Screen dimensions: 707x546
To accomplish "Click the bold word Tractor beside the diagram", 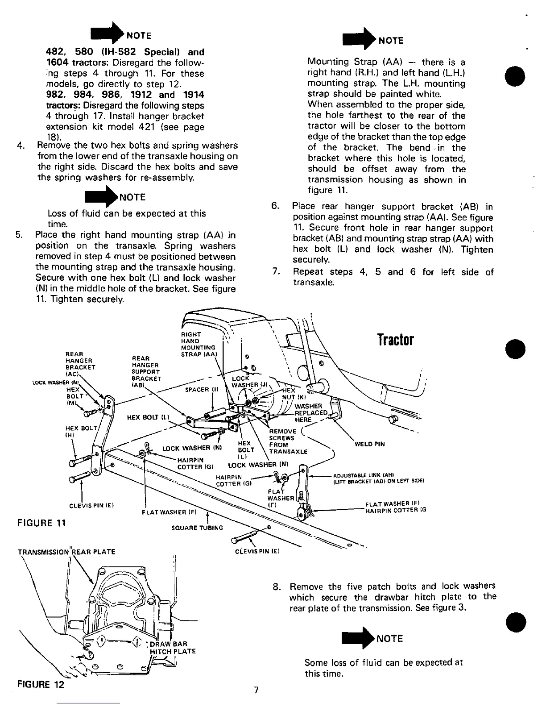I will click(x=396, y=340).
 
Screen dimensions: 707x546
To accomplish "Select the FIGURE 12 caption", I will click(x=41, y=684).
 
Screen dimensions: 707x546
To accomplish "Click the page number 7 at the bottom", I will click(x=256, y=690).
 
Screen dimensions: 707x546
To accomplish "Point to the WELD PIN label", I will click(x=369, y=444).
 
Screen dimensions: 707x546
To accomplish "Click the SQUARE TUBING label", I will click(x=197, y=528).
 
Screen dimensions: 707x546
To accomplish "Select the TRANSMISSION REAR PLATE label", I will click(x=66, y=552).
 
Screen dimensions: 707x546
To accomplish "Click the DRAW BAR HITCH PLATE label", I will click(x=173, y=647).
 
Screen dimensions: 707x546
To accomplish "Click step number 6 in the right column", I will click(x=275, y=206).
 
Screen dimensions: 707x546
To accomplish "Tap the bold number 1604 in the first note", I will click(x=58, y=62).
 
